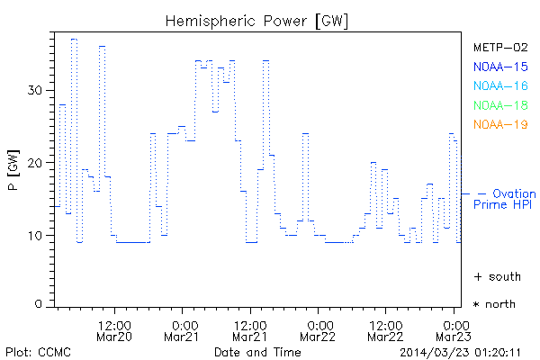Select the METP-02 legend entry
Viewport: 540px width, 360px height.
[x=500, y=47]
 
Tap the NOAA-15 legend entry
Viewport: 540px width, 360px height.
[x=500, y=67]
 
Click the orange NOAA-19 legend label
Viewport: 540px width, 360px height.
[x=500, y=124]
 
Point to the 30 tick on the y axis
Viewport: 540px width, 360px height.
[x=35, y=90]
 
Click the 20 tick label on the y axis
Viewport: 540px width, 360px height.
[x=35, y=163]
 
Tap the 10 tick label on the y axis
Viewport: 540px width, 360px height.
[x=35, y=236]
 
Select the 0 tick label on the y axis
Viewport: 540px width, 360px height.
[x=39, y=305]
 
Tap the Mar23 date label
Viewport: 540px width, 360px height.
[x=454, y=337]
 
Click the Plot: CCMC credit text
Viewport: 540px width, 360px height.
[x=36, y=351]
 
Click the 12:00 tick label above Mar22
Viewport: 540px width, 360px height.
[x=385, y=324]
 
